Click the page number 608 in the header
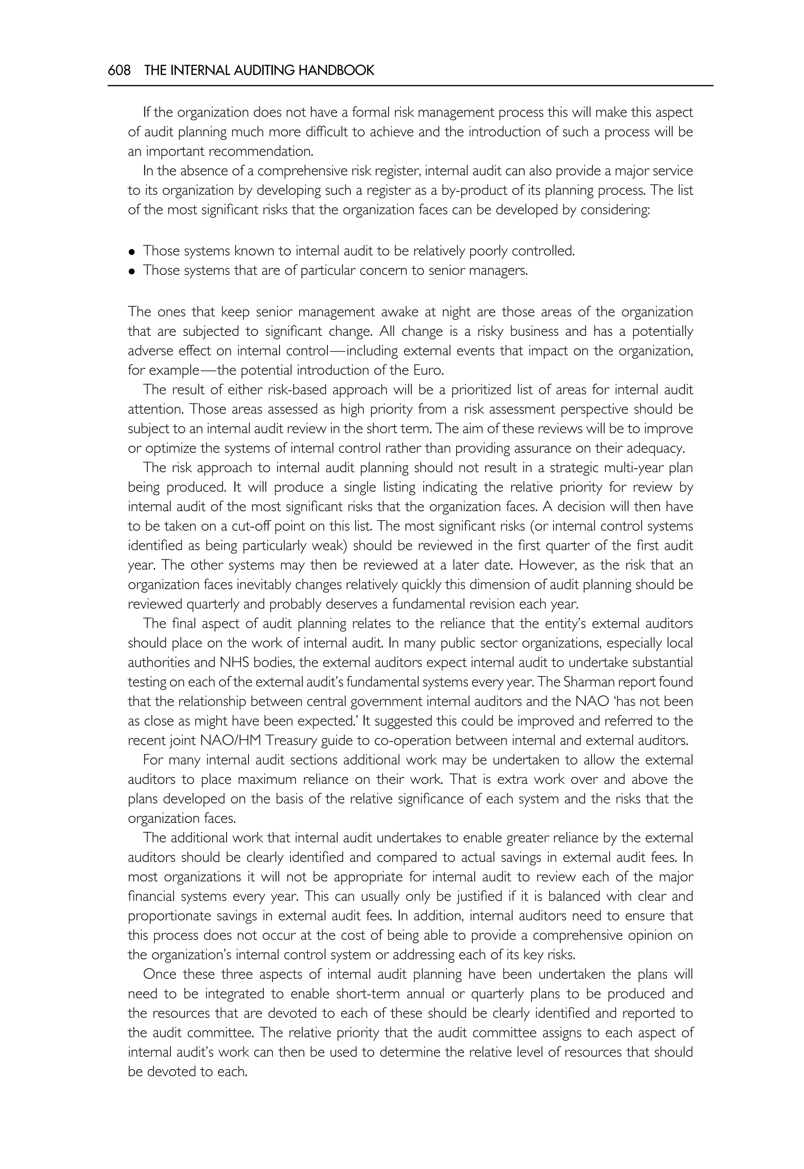(119, 71)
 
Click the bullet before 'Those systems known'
(132, 251)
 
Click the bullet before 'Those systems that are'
(132, 271)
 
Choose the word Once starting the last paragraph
(160, 975)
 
